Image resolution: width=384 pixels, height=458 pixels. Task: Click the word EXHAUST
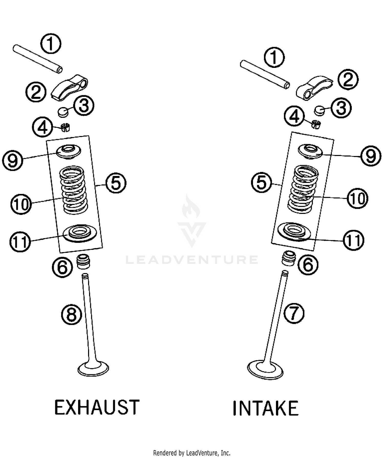(97, 407)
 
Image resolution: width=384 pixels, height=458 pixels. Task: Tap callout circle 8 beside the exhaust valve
(71, 315)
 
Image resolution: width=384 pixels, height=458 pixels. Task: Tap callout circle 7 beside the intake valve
(294, 313)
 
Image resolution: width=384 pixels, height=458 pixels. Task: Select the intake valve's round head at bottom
(265, 370)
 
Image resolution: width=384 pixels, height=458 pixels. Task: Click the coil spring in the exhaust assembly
(73, 190)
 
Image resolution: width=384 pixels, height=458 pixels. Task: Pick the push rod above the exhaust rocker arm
(38, 59)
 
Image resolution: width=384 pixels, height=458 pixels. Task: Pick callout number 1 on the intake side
(274, 57)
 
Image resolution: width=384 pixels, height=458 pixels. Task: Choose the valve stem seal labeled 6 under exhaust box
(83, 262)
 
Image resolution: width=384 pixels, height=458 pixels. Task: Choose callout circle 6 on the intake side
(308, 265)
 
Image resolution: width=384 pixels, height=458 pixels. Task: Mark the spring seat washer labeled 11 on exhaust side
(80, 233)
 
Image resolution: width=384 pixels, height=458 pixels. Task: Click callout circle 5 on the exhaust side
(116, 183)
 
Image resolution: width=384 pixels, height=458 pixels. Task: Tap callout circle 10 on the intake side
(357, 198)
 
